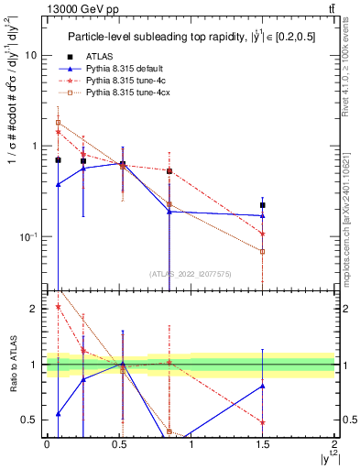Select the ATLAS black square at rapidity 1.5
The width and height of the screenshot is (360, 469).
point(263,205)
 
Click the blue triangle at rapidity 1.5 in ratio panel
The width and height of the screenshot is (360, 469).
point(263,386)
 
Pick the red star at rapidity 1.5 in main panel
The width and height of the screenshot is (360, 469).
point(263,234)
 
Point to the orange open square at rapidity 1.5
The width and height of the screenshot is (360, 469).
point(263,251)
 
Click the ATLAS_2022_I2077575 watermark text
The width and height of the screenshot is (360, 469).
point(190,273)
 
